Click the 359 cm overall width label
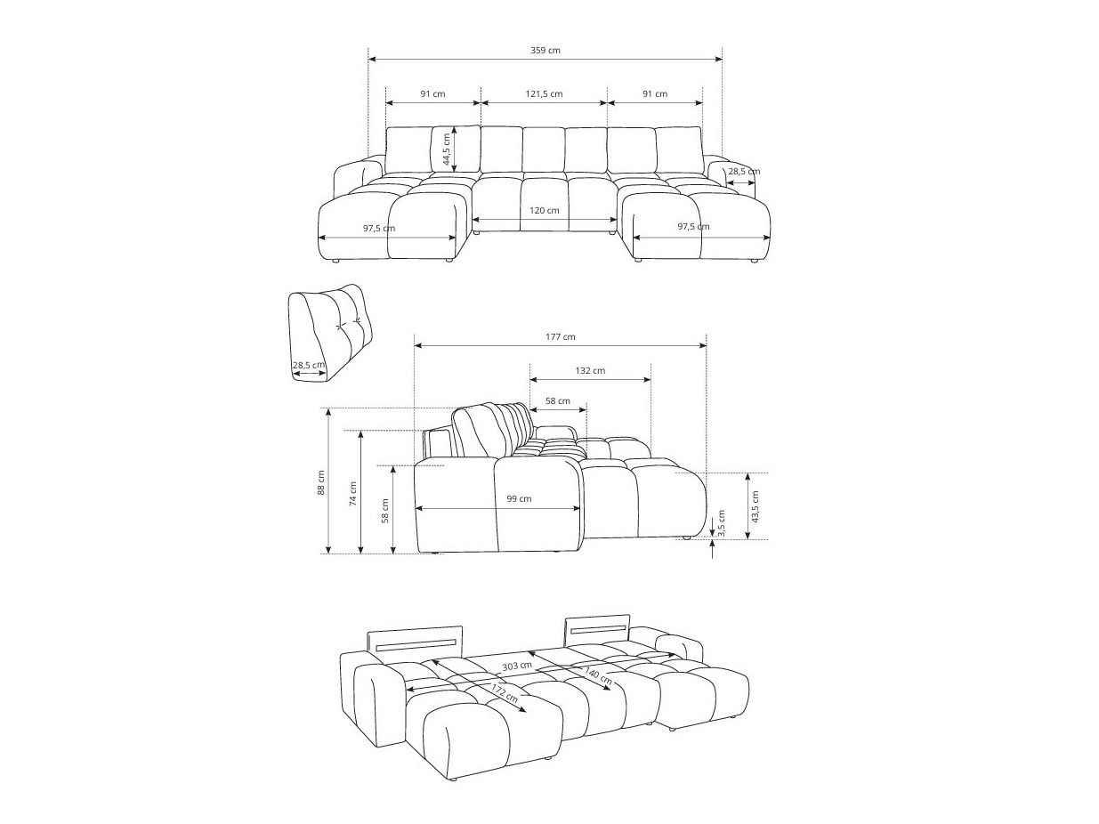[x=545, y=51]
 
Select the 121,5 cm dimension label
[x=544, y=94]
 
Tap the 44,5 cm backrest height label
[x=448, y=149]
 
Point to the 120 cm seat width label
[x=545, y=211]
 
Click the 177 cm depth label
[x=561, y=337]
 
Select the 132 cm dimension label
[x=591, y=370]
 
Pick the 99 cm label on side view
[x=519, y=499]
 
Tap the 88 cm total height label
[x=321, y=482]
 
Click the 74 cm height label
[x=353, y=493]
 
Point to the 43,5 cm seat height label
[x=756, y=505]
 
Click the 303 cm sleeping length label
[x=517, y=666]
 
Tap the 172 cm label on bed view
[x=504, y=693]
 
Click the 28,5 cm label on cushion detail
[x=309, y=365]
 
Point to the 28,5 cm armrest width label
[x=744, y=172]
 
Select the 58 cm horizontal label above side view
[x=558, y=401]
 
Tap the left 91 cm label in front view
[x=432, y=94]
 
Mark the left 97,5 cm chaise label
[x=379, y=229]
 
